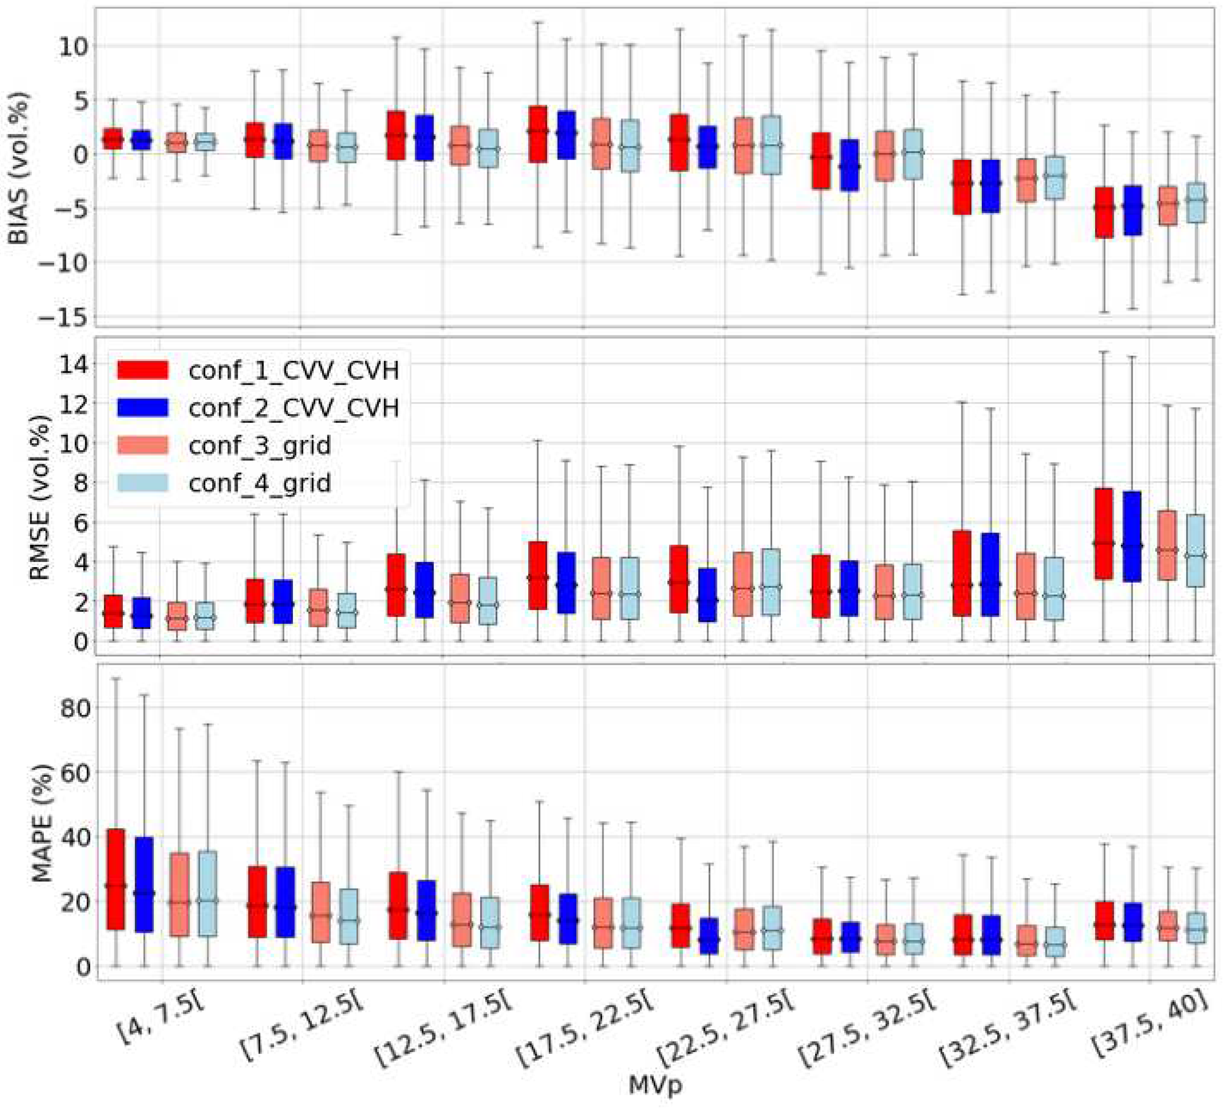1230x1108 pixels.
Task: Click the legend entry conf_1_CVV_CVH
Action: (x=293, y=370)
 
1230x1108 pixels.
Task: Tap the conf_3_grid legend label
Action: (x=260, y=445)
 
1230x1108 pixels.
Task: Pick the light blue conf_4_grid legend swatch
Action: (x=142, y=483)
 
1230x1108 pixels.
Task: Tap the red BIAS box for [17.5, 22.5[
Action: (x=538, y=134)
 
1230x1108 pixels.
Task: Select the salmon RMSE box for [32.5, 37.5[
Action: (x=1026, y=586)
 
